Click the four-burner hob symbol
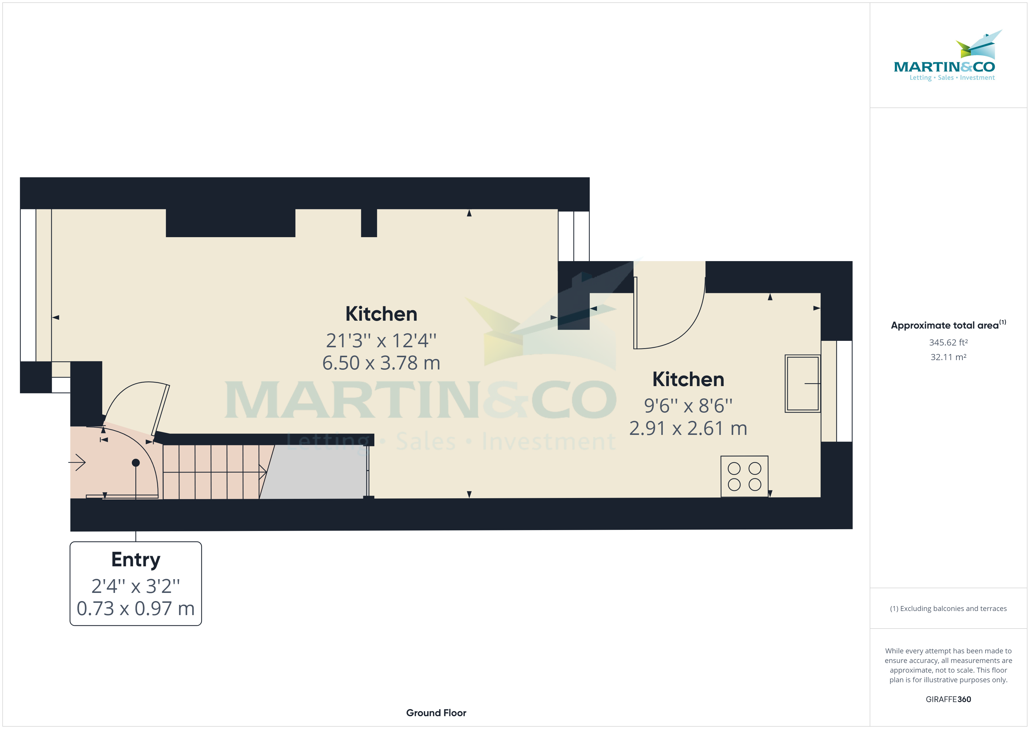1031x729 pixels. (x=744, y=476)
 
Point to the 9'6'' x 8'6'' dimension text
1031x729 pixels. (x=688, y=406)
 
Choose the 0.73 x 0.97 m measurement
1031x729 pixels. (x=136, y=609)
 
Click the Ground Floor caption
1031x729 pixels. (x=436, y=713)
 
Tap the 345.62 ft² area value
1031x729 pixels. (x=948, y=343)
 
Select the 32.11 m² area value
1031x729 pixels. (x=948, y=357)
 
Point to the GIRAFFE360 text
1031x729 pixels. (x=948, y=700)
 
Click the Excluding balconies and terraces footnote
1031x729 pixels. (x=948, y=609)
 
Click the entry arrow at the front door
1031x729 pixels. (x=78, y=462)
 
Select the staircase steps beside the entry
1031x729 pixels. (x=211, y=471)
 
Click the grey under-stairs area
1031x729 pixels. (x=314, y=471)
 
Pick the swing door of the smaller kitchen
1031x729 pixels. (x=669, y=314)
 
